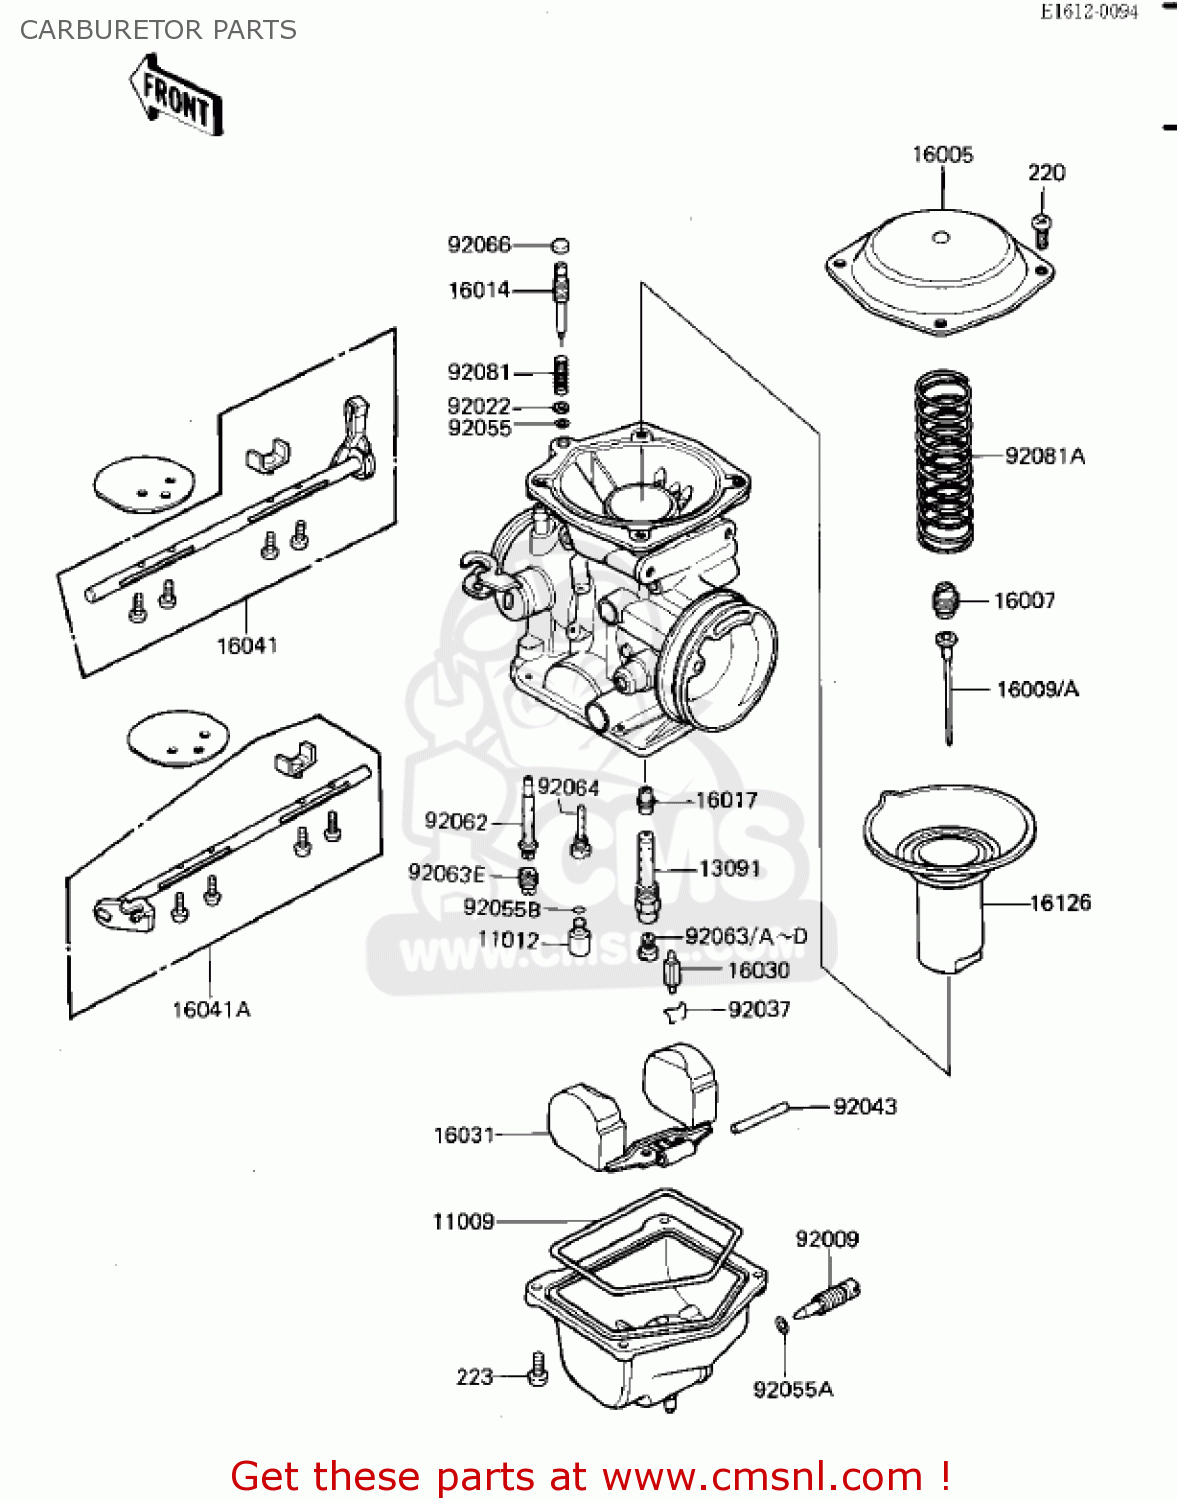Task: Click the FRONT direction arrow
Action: click(176, 96)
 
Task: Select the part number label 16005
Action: click(942, 155)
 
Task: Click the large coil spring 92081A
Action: click(944, 460)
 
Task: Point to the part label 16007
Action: click(1024, 600)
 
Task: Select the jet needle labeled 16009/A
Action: click(947, 690)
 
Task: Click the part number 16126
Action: click(1060, 903)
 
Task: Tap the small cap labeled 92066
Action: click(561, 245)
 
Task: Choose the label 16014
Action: click(479, 290)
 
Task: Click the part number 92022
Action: click(479, 406)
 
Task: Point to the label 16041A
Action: click(211, 1009)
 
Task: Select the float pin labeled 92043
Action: click(761, 1117)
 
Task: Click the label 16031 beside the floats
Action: click(464, 1135)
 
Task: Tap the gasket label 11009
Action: click(463, 1221)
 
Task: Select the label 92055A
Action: click(792, 1389)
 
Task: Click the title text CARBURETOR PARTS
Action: click(158, 30)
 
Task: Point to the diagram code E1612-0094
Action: click(1089, 12)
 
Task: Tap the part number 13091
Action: click(729, 868)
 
